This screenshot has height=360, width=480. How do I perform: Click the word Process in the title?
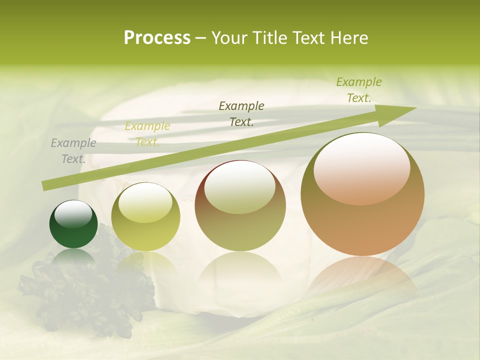pos(157,37)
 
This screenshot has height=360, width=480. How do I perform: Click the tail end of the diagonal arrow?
pos(46,185)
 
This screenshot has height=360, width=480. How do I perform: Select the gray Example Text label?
pos(73,151)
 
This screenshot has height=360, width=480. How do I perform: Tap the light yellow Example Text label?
pos(147,134)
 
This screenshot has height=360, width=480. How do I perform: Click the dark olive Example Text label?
pos(241,113)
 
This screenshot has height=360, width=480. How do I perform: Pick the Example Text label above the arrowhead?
pos(359,90)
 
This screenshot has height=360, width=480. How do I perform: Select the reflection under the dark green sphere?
pos(73,257)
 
